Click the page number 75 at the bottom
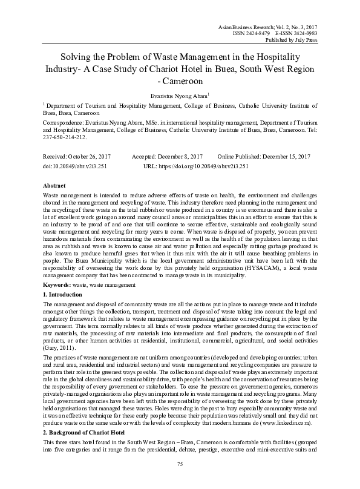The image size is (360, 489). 180,464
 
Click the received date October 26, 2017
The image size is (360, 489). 93,156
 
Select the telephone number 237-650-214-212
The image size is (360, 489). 67,137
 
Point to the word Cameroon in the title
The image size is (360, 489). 180,79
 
